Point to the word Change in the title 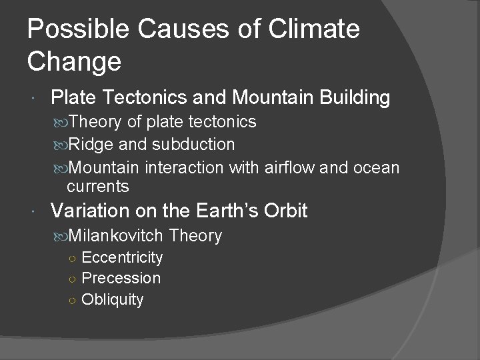click(x=75, y=61)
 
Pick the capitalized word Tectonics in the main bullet click(x=147, y=98)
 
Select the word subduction click(x=195, y=143)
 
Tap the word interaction click(x=185, y=167)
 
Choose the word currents click(x=99, y=186)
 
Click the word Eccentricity click(x=121, y=257)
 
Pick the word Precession click(x=121, y=278)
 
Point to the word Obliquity click(x=112, y=299)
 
